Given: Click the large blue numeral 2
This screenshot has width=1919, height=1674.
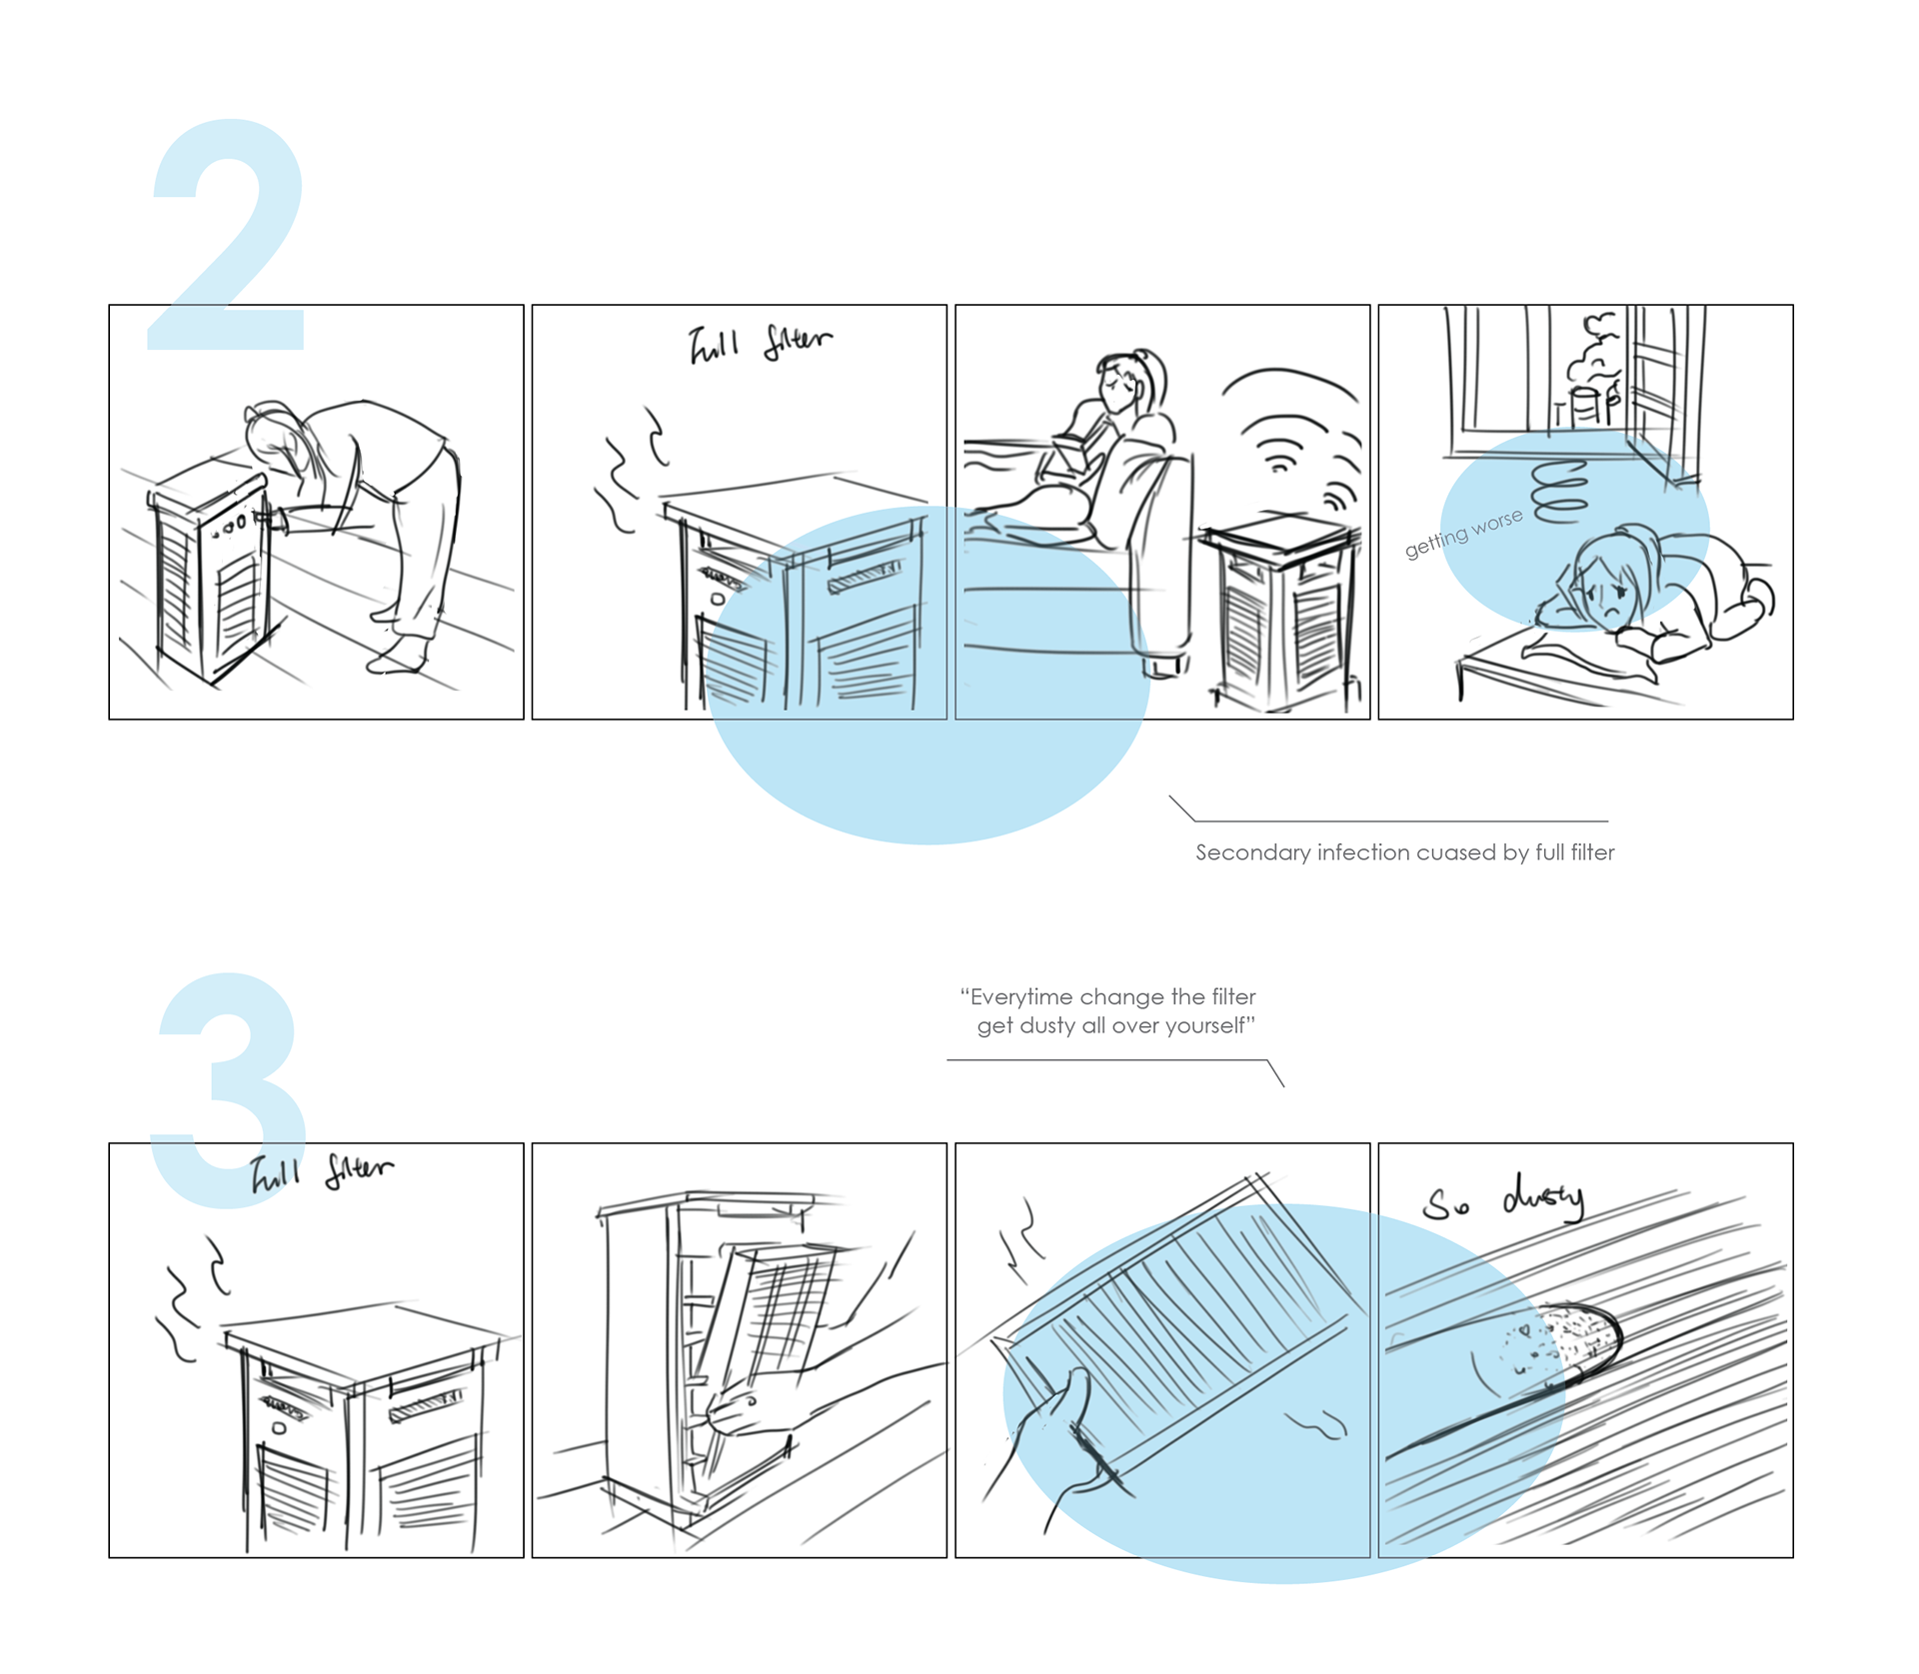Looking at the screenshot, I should (x=228, y=240).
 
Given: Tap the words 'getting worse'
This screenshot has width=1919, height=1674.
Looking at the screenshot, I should (x=1463, y=533).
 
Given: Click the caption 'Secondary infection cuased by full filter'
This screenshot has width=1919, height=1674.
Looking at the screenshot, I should (x=1404, y=852).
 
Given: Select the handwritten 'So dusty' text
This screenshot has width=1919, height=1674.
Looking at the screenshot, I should (x=1504, y=1201).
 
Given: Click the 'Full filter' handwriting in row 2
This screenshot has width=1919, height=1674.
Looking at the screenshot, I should (x=760, y=343).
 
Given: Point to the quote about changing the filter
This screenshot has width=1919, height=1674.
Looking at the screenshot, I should (x=1109, y=1010).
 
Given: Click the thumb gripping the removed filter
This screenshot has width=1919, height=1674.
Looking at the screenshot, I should (x=1075, y=1394).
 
